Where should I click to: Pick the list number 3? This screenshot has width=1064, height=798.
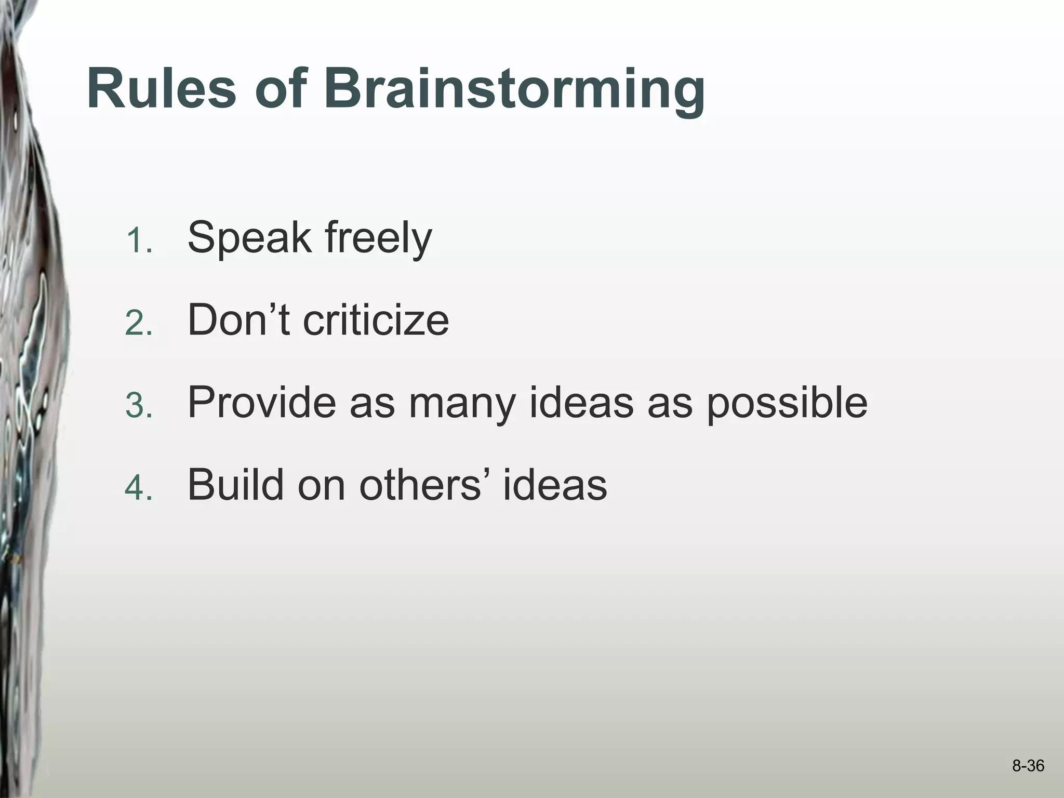(139, 407)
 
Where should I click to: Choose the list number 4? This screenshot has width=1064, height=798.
(139, 489)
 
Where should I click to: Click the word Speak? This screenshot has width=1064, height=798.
(249, 238)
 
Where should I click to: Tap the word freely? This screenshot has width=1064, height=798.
(378, 238)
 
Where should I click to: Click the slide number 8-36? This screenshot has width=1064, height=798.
(1028, 766)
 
